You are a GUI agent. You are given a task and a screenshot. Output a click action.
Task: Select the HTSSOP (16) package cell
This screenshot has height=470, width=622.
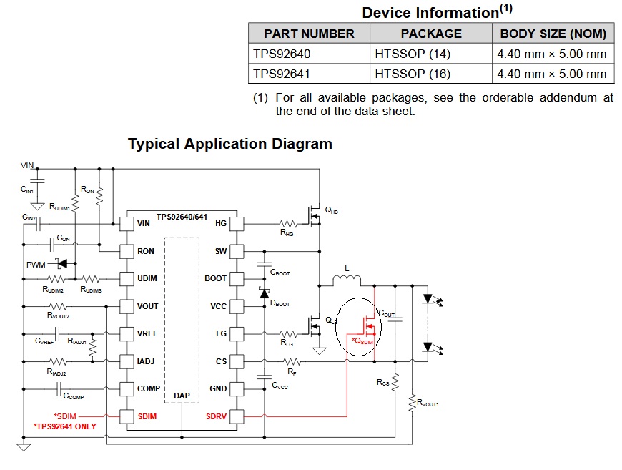tap(408, 74)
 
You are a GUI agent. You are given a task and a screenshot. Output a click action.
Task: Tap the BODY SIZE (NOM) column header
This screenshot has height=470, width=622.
tap(553, 34)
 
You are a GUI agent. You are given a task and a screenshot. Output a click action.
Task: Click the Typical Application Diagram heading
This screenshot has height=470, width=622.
tap(229, 144)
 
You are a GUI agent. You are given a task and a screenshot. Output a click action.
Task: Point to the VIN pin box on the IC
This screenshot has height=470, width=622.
tap(127, 223)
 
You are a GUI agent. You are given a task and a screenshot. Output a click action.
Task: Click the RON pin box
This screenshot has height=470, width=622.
tap(127, 251)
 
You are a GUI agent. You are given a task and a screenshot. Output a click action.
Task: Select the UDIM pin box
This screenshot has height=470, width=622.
tap(127, 278)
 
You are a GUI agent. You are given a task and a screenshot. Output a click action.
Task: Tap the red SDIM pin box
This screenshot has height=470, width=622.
tap(127, 416)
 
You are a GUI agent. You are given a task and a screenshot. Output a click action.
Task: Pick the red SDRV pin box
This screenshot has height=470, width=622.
tap(237, 416)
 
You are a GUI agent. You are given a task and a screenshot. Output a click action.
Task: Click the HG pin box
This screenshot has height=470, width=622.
tap(237, 223)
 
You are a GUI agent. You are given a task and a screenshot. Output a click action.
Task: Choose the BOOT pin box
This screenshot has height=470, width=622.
tap(237, 278)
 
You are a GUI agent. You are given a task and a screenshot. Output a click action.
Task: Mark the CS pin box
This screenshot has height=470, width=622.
tap(237, 361)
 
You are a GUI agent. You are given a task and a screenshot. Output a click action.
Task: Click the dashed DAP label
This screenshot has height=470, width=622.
tap(182, 395)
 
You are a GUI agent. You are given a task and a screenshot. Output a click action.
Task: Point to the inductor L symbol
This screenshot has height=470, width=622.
tap(347, 279)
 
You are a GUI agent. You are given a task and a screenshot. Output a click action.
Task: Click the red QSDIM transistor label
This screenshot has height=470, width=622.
tap(363, 341)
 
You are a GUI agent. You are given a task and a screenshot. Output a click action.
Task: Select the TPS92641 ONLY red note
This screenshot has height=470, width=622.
tap(65, 426)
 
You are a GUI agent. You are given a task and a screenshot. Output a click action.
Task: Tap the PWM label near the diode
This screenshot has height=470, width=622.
tap(36, 265)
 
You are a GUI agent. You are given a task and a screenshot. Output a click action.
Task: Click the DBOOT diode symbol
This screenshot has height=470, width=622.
tap(265, 293)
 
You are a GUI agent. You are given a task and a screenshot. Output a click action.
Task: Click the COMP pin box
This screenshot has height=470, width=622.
tap(127, 388)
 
